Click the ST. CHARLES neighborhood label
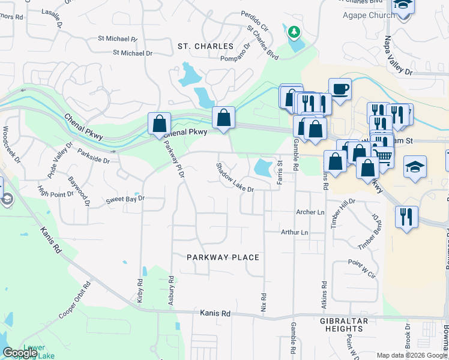click(x=205, y=46)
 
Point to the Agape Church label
click(x=369, y=15)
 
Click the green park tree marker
click(x=294, y=31)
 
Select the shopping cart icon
click(x=384, y=157)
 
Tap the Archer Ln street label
click(x=310, y=212)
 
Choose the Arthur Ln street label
click(x=295, y=232)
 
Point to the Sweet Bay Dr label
click(x=125, y=199)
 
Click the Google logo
click(x=20, y=353)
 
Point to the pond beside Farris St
click(x=263, y=167)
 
